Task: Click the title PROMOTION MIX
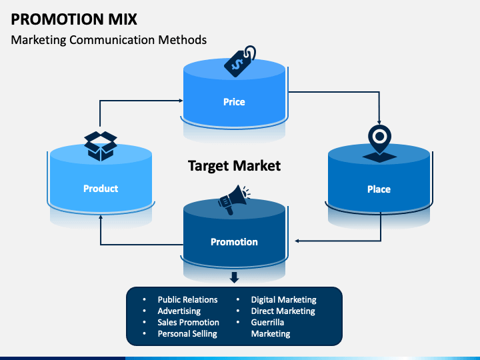point(74,19)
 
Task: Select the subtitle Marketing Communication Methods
point(109,40)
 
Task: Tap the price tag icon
point(240,61)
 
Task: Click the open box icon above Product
point(101,146)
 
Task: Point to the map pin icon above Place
point(379,143)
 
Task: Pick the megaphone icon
point(233,200)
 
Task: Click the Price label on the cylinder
point(234,102)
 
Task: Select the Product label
point(101,189)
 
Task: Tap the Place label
point(379,189)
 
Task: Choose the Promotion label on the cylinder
point(234,242)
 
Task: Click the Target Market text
point(234,166)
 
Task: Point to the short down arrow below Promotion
point(234,277)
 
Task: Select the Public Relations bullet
point(187,300)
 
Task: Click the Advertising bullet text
point(179,311)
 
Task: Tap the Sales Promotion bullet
point(188,323)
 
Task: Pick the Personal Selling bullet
point(187,334)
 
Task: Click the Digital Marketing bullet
point(284,300)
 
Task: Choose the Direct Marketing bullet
point(283,311)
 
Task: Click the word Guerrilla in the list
point(267,323)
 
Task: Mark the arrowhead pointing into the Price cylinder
point(181,101)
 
